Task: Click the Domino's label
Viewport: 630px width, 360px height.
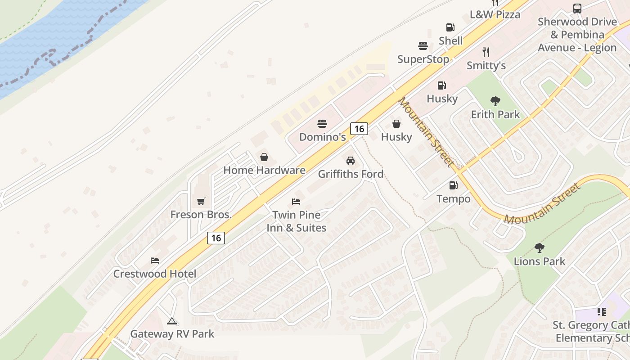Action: [x=322, y=137]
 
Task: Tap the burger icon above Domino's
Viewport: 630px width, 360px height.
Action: [x=322, y=124]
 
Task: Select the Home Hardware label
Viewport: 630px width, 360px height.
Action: [x=264, y=170]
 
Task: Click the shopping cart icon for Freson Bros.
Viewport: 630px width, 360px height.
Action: [x=201, y=201]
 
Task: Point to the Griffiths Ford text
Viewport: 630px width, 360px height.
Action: [x=351, y=174]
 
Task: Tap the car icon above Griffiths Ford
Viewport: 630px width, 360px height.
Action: [x=350, y=161]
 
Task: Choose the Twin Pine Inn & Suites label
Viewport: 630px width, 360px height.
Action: [x=296, y=221]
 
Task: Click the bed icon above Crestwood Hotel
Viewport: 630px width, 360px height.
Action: [x=155, y=261]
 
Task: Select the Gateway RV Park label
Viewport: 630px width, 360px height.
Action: [x=172, y=334]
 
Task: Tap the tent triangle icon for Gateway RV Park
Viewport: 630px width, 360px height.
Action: [x=171, y=321]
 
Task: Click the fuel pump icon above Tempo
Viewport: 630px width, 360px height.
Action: [x=453, y=185]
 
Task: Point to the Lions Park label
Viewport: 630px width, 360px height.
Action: [x=539, y=261]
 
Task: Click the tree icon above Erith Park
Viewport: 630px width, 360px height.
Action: [x=495, y=101]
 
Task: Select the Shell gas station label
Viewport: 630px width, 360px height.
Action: [x=450, y=40]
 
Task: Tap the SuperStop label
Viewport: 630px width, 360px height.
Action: [x=423, y=59]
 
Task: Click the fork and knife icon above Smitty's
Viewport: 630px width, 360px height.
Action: [x=486, y=52]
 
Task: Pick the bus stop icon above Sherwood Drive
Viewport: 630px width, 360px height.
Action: [x=577, y=8]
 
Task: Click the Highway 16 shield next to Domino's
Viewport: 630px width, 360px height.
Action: [x=359, y=129]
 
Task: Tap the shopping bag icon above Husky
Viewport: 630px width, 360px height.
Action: [x=396, y=124]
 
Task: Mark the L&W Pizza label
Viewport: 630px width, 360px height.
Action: [x=495, y=14]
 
